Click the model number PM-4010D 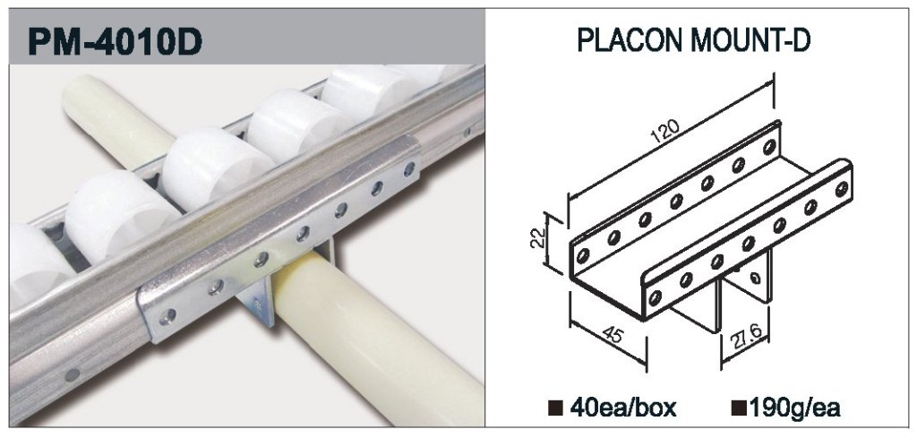point(115,41)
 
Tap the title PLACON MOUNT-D point(694,40)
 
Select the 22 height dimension point(538,239)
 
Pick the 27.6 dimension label point(743,336)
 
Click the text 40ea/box point(623,408)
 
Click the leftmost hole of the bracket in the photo point(168,316)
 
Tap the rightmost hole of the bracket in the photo point(409,169)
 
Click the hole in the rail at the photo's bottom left point(72,374)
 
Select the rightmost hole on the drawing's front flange point(842,188)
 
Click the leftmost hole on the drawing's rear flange point(583,255)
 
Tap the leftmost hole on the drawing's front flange point(656,297)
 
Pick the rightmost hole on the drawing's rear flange point(769,147)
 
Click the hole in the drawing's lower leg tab point(757,277)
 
